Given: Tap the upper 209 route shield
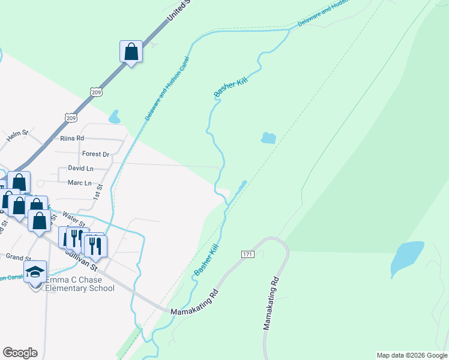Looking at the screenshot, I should [x=96, y=92].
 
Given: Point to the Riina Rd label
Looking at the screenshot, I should [x=72, y=139].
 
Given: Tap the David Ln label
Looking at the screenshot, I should [x=80, y=169].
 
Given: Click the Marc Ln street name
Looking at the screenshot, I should [x=79, y=183].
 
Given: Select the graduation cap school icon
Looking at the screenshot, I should [x=35, y=271].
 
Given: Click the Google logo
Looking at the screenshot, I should [x=20, y=353].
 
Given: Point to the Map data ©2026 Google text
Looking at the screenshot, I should [x=412, y=355].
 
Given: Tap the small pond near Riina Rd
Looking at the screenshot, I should [x=114, y=117].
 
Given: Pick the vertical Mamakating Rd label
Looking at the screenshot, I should [x=271, y=304].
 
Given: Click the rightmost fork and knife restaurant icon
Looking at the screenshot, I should [x=95, y=245].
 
